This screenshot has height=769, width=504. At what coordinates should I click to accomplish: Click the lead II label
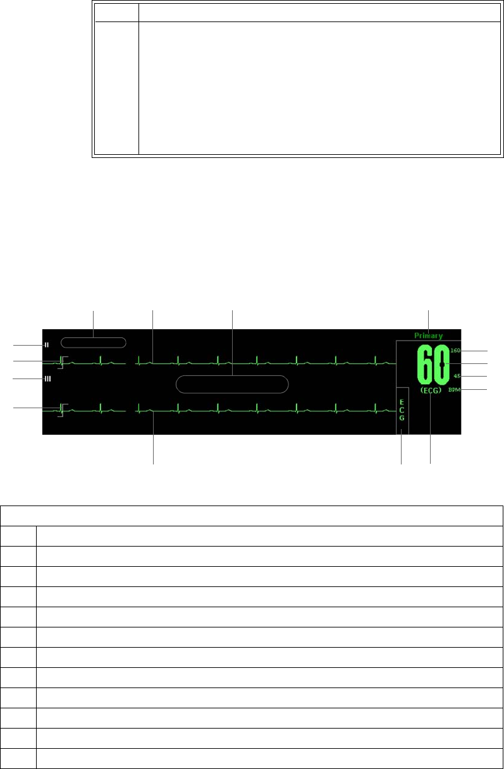46,345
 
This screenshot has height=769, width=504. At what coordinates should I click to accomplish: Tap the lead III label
47,378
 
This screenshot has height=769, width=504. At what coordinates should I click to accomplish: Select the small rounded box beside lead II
94,342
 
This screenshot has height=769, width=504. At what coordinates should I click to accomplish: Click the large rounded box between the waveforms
232,384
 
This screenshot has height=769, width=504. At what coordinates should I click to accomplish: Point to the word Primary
428,336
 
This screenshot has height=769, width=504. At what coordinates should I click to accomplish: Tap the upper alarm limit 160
455,350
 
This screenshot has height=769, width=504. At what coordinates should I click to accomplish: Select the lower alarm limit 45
457,377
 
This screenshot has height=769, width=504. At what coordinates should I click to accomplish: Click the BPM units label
455,390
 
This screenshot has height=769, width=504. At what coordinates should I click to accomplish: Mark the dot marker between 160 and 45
442,365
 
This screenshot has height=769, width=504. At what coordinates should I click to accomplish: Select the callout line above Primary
429,320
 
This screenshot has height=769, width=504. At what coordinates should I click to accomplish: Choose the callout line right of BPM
476,390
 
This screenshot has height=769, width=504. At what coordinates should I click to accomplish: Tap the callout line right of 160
476,350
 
